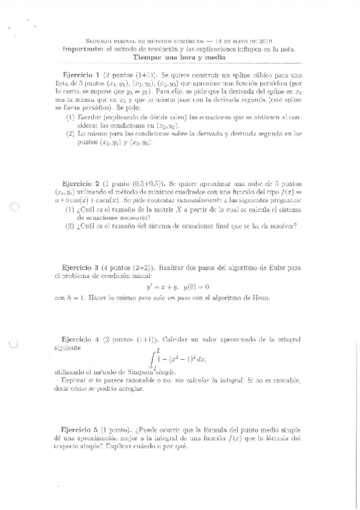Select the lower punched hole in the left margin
(x=16, y=345)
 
